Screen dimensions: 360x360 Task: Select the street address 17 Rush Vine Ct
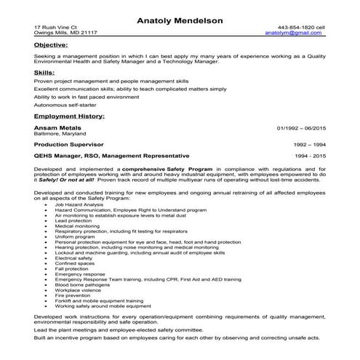(55, 26)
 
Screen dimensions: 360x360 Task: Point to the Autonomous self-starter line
(65, 105)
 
